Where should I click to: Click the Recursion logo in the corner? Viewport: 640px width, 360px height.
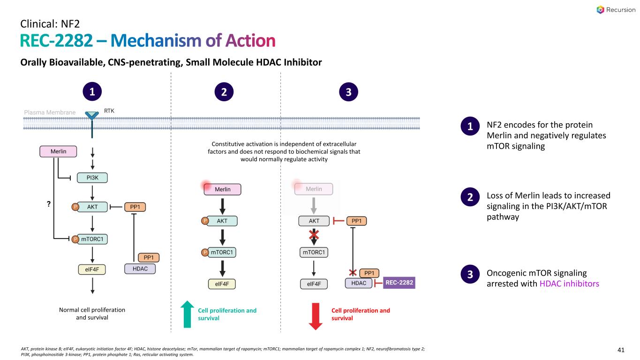point(614,9)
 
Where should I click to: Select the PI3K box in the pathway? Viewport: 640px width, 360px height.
point(93,178)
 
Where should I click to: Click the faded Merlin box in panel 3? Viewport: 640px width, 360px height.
point(314,189)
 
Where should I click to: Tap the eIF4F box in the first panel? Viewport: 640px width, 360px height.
point(92,269)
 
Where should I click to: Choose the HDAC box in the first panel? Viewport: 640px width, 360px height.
point(140,269)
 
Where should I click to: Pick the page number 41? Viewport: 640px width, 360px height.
point(622,349)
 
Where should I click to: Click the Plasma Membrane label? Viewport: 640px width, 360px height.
point(50,112)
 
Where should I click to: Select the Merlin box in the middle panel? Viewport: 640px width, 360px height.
point(222,189)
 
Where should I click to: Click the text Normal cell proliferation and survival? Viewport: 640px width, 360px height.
point(92,314)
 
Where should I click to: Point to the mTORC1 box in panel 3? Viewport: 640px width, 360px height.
point(314,253)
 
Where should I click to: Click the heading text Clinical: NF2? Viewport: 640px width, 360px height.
point(52,22)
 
